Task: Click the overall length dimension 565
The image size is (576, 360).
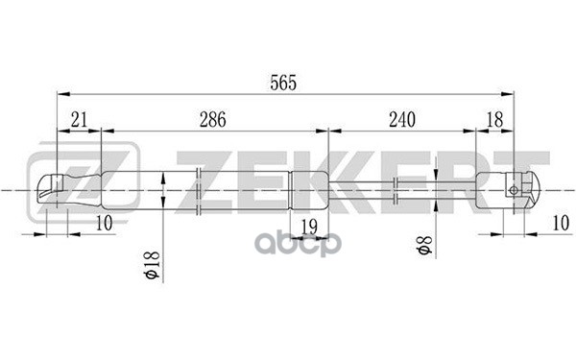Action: coord(283,83)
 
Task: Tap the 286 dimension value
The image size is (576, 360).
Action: coord(213,120)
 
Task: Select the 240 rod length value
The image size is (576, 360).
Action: coord(402,120)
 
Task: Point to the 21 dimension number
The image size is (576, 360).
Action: coord(80,120)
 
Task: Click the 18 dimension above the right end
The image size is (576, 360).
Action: coord(494,120)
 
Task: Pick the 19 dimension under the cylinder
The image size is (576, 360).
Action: coord(309,227)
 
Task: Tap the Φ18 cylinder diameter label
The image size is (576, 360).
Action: coord(152,265)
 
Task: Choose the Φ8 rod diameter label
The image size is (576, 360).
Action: coord(424,245)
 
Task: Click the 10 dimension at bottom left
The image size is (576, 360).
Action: coord(104,223)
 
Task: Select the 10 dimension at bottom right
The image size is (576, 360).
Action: coord(561,223)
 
